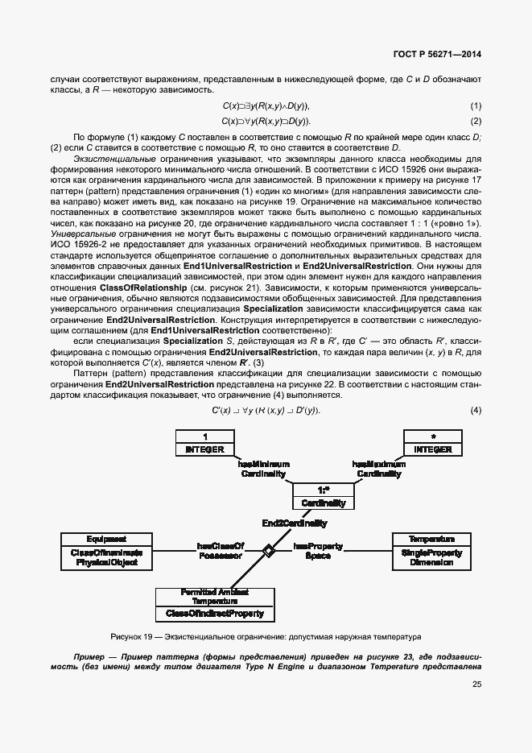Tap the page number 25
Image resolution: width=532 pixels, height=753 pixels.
476,685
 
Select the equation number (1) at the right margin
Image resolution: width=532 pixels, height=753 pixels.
476,106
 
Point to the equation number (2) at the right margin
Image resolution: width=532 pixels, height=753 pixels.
476,122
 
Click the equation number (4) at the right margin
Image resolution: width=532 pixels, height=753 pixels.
476,411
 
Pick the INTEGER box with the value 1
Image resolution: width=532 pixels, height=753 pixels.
205,442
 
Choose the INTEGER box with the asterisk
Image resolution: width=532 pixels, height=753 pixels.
434,442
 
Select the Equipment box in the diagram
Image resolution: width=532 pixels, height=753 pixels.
106,551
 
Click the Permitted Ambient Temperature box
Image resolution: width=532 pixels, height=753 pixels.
214,603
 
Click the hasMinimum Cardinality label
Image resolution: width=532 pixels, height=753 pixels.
263,470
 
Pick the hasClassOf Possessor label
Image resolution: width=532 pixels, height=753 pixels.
220,551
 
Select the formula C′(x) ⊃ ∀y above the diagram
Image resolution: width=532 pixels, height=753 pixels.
266,411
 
